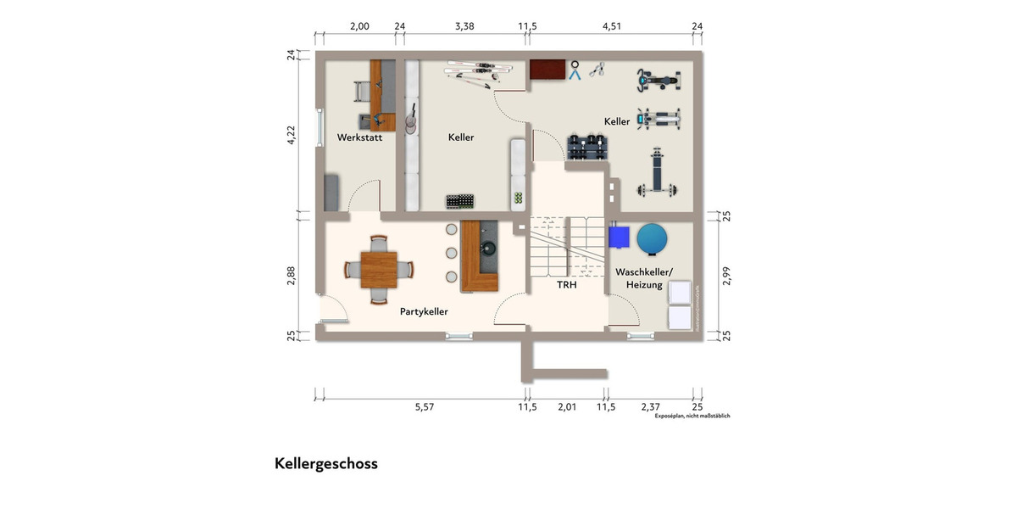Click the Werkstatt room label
pos(359,137)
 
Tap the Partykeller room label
pos(424,311)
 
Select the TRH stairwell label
pos(567,286)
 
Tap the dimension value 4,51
pos(612,26)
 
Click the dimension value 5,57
pos(425,407)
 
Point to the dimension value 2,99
pos(725,276)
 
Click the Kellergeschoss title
pos(325,464)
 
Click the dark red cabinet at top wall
pos(547,70)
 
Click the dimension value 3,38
pos(464,26)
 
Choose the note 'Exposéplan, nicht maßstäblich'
pos(692,416)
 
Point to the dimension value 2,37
pos(650,407)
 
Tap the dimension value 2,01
pos(567,407)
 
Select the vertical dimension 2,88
pos(291,276)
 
